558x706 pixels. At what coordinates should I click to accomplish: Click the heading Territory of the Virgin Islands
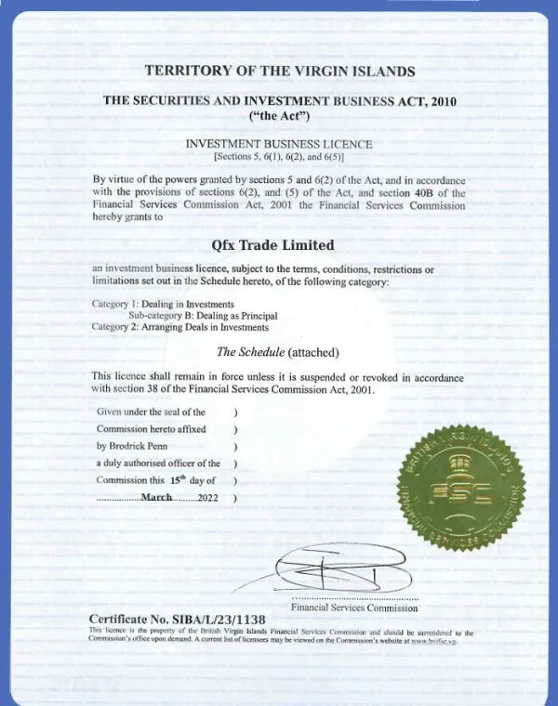[279, 71]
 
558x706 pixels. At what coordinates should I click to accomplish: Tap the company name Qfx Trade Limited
[279, 245]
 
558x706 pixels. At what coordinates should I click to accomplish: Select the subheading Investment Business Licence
[279, 144]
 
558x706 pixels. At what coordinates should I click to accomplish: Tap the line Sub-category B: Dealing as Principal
[203, 315]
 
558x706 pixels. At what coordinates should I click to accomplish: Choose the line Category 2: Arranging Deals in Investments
[179, 326]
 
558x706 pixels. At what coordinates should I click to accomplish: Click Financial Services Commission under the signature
[353, 608]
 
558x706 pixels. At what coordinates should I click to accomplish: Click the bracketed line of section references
[279, 157]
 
